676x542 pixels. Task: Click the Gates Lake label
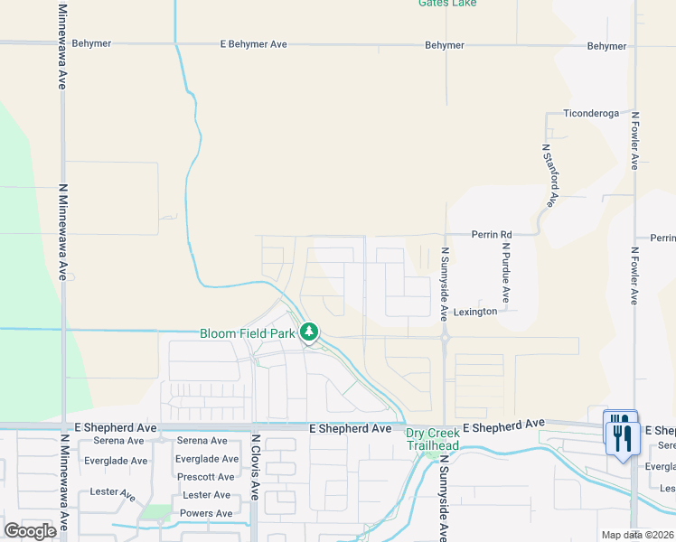coord(446,4)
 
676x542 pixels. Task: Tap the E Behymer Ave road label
coord(254,44)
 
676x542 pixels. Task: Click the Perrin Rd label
coord(492,234)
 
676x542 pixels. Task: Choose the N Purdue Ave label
coord(506,272)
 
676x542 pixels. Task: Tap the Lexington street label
coord(475,312)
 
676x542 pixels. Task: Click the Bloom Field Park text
coord(248,333)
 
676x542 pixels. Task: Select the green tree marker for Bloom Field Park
coord(310,332)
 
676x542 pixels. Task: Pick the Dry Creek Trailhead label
coord(432,439)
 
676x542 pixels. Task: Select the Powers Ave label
coord(207,513)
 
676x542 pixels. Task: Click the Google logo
coord(31,531)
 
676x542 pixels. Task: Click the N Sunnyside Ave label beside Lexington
coord(444,285)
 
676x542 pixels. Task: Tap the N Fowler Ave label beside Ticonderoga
coord(635,141)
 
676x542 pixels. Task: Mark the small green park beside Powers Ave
coord(155,512)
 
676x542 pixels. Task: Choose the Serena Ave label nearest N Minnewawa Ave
coord(118,441)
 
